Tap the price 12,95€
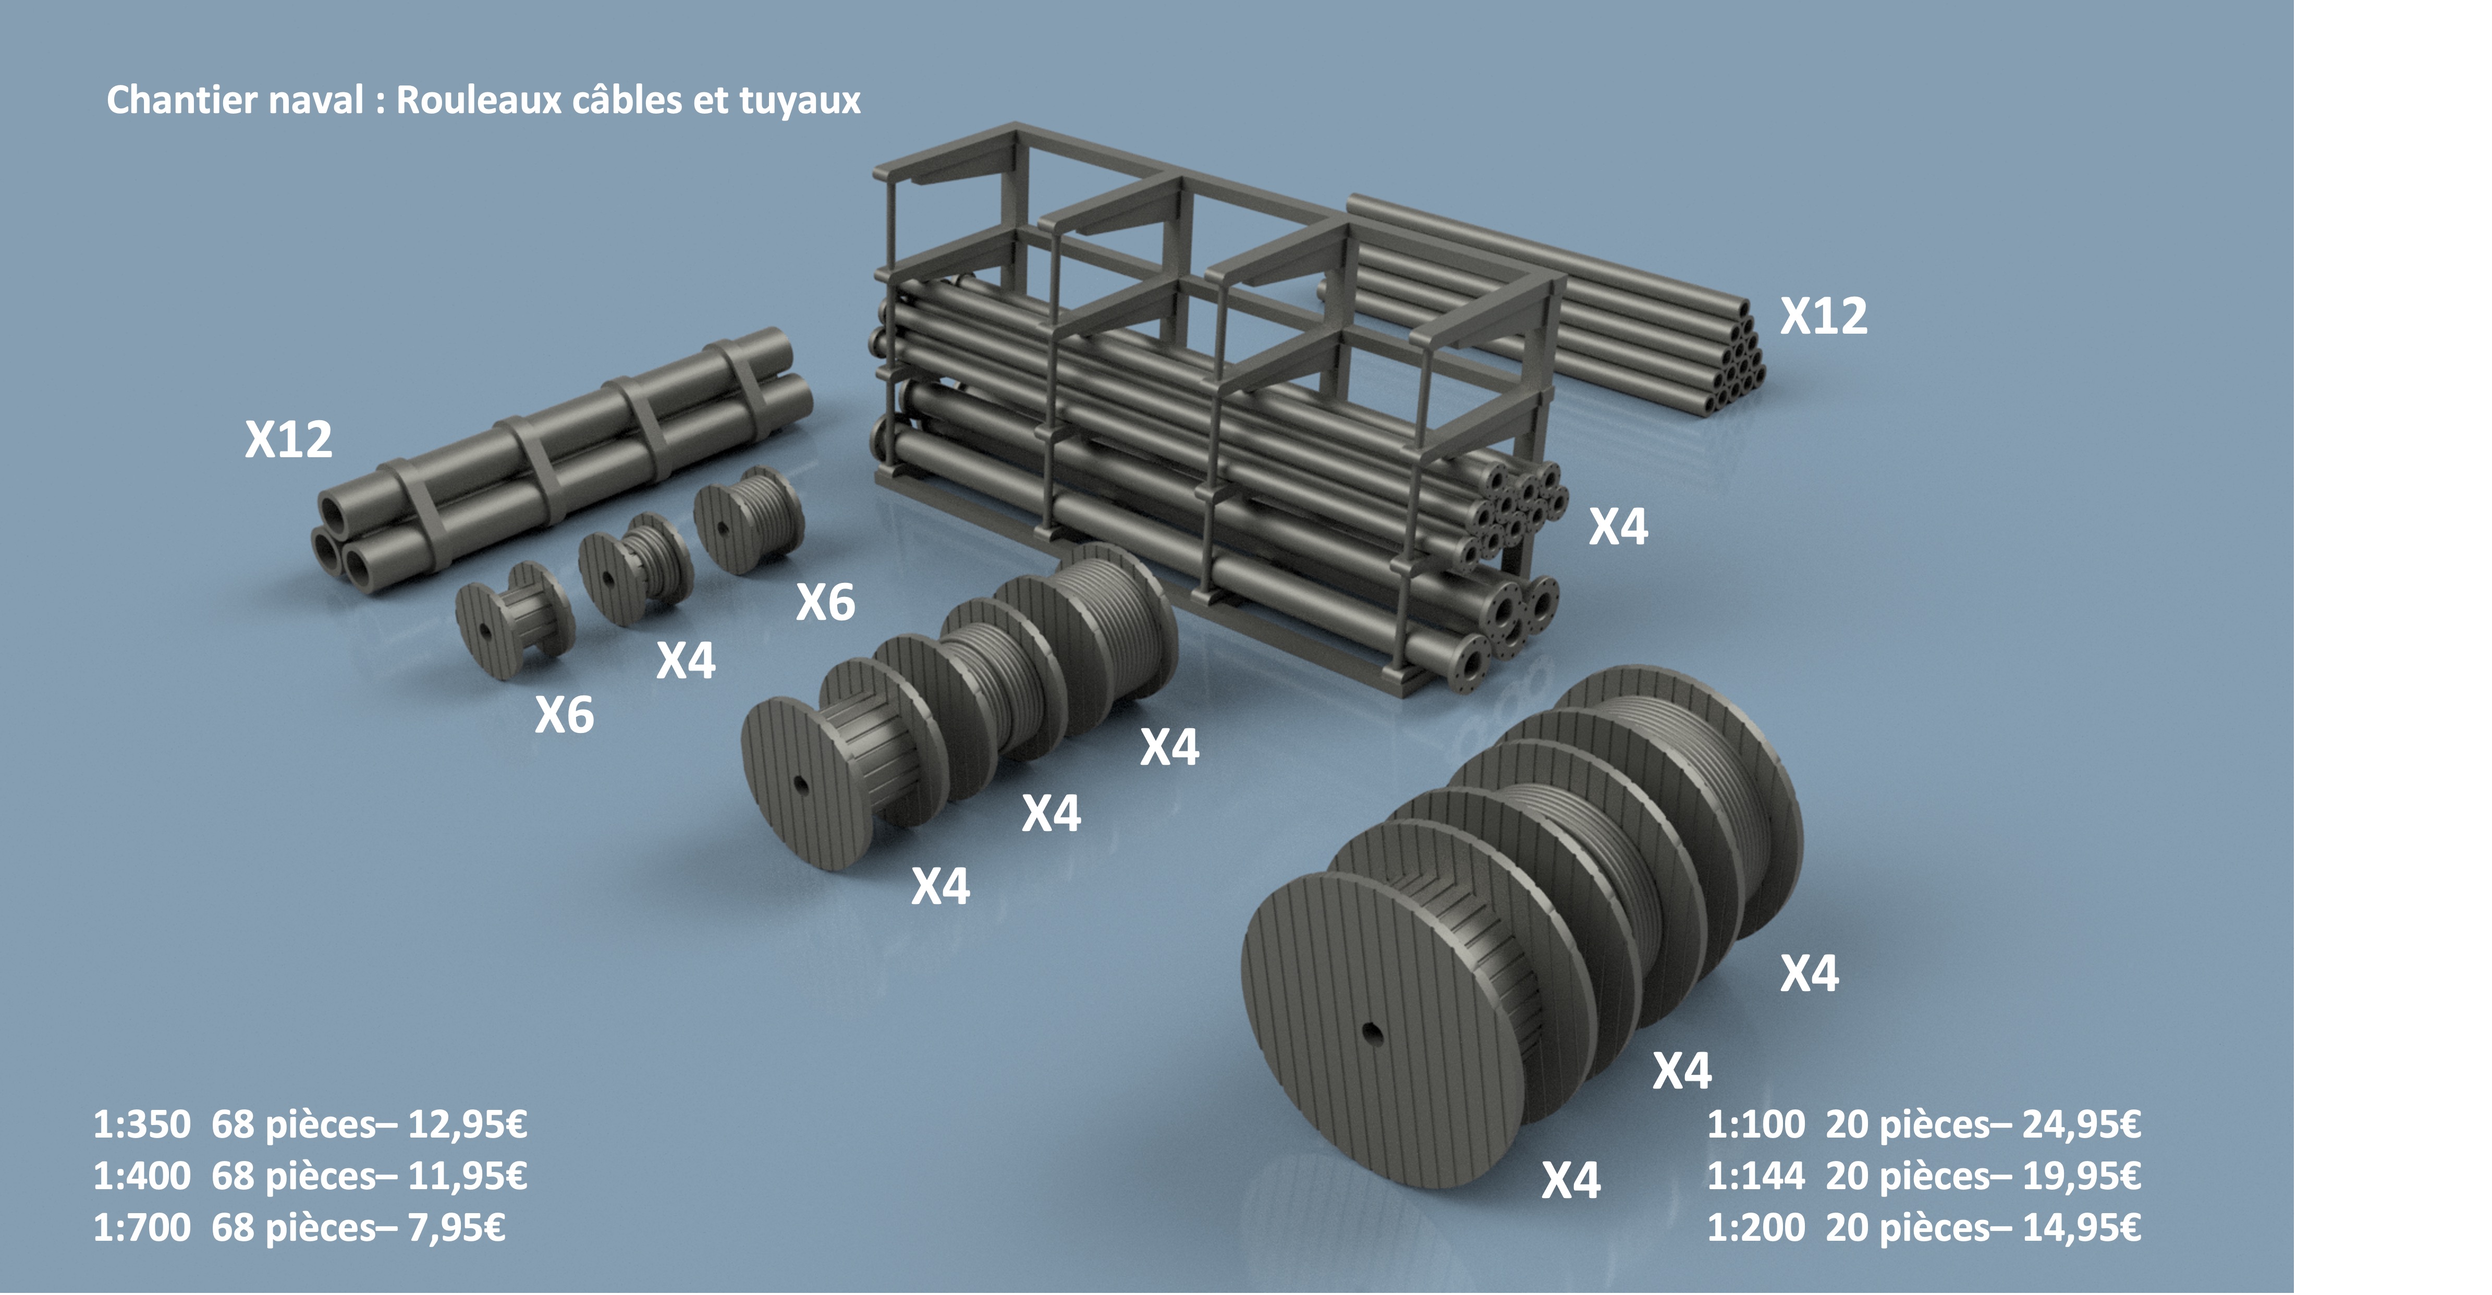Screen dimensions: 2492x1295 point(467,1125)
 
